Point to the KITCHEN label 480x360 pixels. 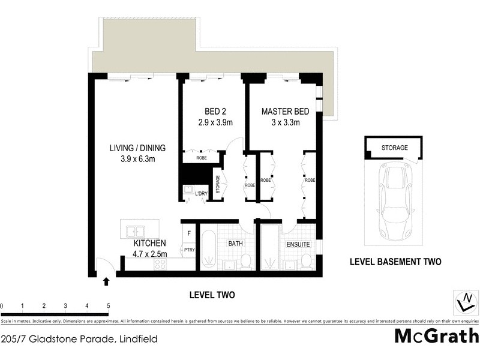click(149, 244)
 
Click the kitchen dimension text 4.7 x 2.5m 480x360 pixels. click(149, 254)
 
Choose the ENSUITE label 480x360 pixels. click(298, 245)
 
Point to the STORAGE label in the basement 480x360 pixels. click(394, 148)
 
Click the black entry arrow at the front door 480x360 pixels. click(107, 280)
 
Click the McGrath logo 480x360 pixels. click(436, 336)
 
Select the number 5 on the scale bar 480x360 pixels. click(108, 306)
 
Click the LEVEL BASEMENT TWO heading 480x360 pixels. click(395, 262)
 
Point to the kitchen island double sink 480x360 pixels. click(135, 230)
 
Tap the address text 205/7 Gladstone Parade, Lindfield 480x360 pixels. click(79, 339)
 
